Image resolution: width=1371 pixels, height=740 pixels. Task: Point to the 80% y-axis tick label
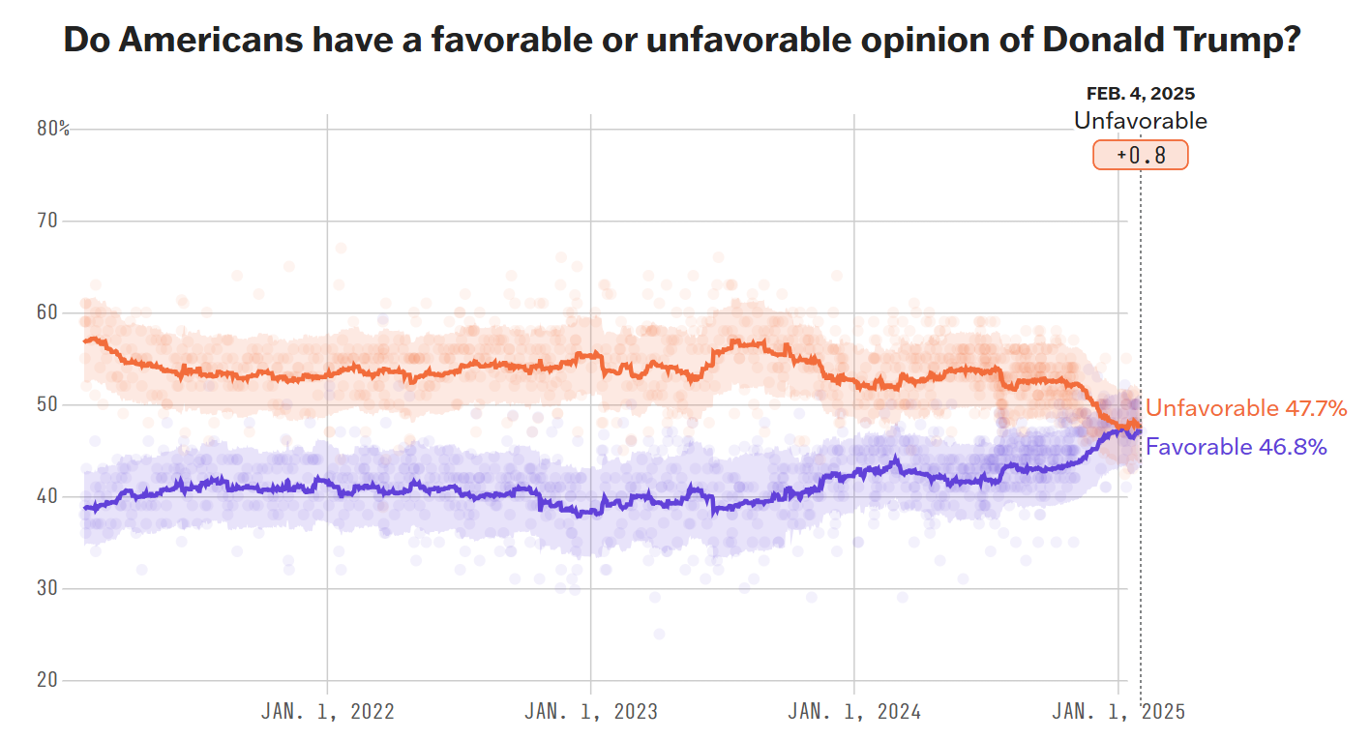[x=53, y=129]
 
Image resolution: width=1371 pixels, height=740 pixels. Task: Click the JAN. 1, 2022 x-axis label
[x=328, y=712]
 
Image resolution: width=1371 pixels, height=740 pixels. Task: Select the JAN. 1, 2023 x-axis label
[x=591, y=712]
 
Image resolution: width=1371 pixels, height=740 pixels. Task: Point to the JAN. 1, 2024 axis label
[x=854, y=712]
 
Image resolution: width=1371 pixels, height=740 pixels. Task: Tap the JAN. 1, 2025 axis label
[x=1118, y=712]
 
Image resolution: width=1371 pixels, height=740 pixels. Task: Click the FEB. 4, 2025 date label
[x=1141, y=94]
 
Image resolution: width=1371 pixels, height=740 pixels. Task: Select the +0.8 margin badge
[x=1141, y=155]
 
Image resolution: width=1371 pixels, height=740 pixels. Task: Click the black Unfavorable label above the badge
[x=1141, y=121]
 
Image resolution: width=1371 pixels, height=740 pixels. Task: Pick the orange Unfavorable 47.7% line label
[x=1246, y=408]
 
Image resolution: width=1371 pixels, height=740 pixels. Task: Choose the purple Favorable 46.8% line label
[x=1236, y=446]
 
